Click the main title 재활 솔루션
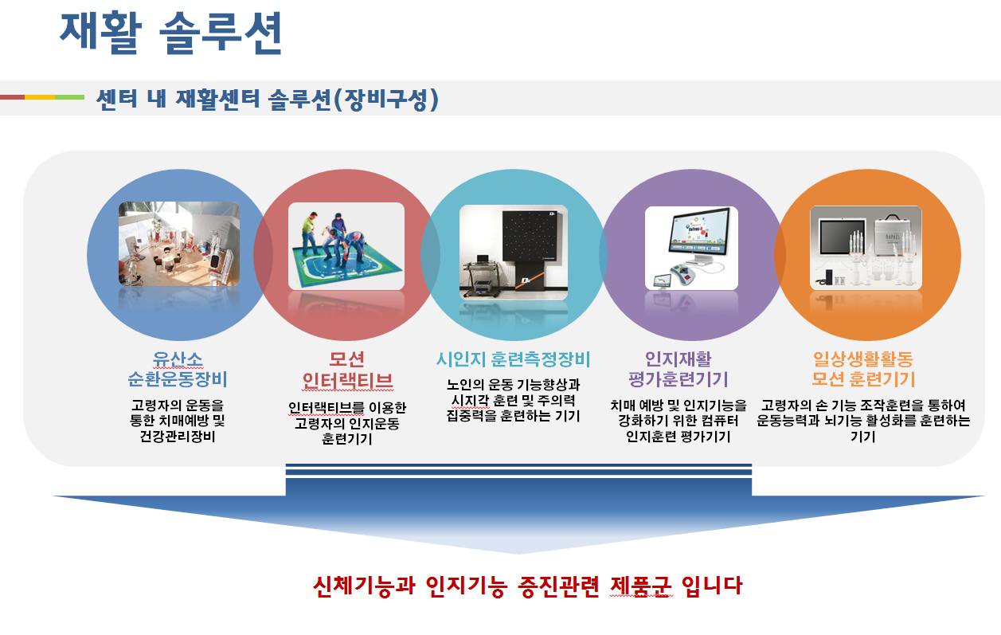pos(170,33)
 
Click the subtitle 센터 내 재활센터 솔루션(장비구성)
pos(268,99)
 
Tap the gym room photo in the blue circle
pos(178,244)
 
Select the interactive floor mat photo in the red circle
pos(346,246)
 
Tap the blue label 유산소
pos(178,359)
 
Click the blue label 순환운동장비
pos(178,379)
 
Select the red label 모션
pos(346,359)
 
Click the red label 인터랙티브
pos(347,381)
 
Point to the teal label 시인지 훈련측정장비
pos(513,359)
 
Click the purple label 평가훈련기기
pos(678,379)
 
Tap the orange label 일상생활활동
pos(863,359)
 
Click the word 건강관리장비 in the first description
pos(178,436)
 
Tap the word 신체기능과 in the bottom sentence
pos(364,586)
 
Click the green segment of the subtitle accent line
pos(70,97)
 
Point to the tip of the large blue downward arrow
pos(518,554)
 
